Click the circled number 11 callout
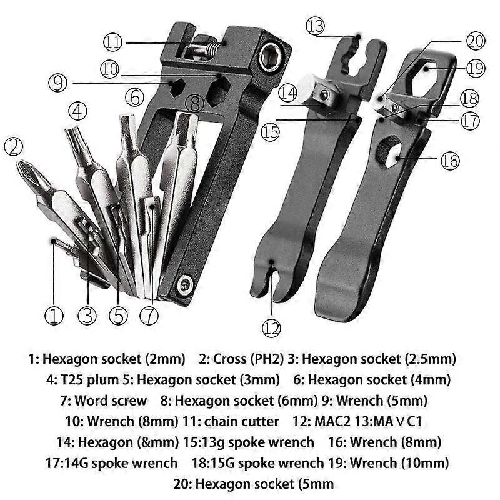pyautogui.click(x=112, y=42)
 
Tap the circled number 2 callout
pyautogui.click(x=13, y=146)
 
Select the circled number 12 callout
pyautogui.click(x=271, y=328)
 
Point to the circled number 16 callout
pyautogui.click(x=450, y=160)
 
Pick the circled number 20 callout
pyautogui.click(x=476, y=41)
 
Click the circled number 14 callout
pyautogui.click(x=287, y=92)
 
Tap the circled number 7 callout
pyautogui.click(x=149, y=316)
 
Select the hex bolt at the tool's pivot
pyautogui.click(x=185, y=284)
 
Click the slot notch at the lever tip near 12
pyautogui.click(x=274, y=277)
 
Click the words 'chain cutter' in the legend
pyautogui.click(x=241, y=421)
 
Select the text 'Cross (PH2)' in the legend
pyautogui.click(x=248, y=359)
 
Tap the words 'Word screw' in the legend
pyautogui.click(x=111, y=401)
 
